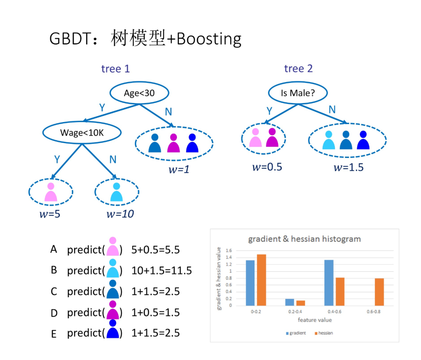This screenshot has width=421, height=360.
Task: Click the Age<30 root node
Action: coord(140,93)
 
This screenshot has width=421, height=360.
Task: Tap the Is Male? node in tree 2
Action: coord(298,93)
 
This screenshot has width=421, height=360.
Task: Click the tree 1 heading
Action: coord(115,69)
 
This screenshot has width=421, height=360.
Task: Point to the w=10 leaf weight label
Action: coord(120,214)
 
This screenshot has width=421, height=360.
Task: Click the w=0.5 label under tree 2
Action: coord(267,167)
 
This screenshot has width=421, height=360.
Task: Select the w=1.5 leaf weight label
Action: coord(348,167)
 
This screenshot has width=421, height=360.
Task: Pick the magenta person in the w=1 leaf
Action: coord(173,144)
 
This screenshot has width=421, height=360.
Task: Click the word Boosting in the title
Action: coord(209,39)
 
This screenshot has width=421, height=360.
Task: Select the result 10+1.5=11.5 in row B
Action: coord(161,270)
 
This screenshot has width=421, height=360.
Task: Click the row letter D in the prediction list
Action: coord(54,313)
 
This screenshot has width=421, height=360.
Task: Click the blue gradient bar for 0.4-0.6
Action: coord(329,283)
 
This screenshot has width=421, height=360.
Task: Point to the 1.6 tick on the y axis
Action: coord(229,251)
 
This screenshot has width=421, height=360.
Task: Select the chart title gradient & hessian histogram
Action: coord(304,239)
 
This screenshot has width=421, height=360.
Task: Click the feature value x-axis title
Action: coord(315,320)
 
